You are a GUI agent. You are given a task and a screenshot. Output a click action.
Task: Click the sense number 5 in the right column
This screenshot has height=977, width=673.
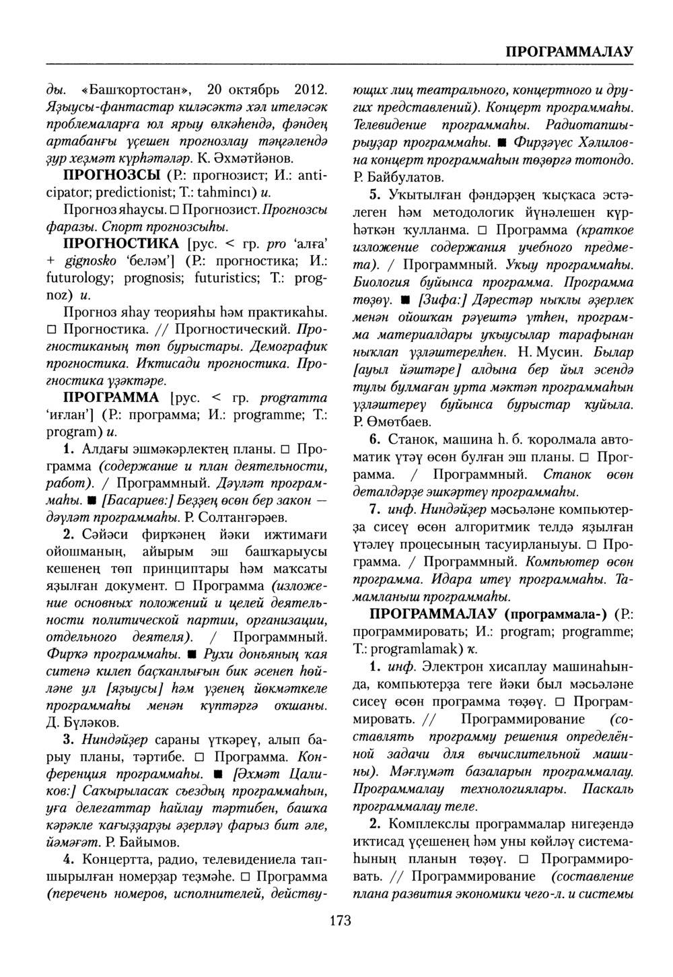375,195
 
